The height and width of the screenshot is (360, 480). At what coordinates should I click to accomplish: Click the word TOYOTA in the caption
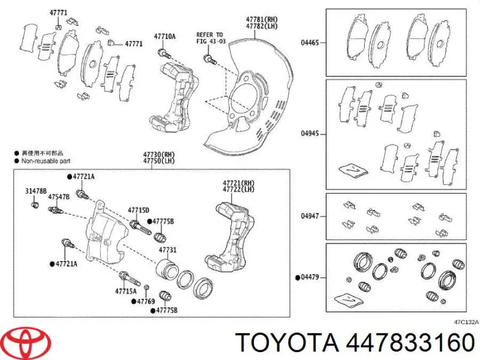pos(287,344)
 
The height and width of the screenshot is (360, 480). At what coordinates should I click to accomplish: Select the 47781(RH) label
pos(261,20)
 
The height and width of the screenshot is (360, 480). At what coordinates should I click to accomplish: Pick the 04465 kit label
pos(310,43)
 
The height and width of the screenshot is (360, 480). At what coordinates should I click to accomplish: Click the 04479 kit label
pos(310,277)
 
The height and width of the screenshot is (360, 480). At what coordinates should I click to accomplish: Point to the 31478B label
pos(35,191)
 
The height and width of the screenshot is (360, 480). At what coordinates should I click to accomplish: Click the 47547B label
pos(59,196)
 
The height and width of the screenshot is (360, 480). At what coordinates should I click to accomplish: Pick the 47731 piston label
pos(167,250)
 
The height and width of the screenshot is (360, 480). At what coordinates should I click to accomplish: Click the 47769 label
pos(146,301)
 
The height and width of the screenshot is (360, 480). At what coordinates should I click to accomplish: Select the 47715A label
pos(126,292)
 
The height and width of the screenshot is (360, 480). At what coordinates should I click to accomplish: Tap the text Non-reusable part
pos(46,161)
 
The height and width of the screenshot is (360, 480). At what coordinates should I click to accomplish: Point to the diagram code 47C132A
pos(466,322)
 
